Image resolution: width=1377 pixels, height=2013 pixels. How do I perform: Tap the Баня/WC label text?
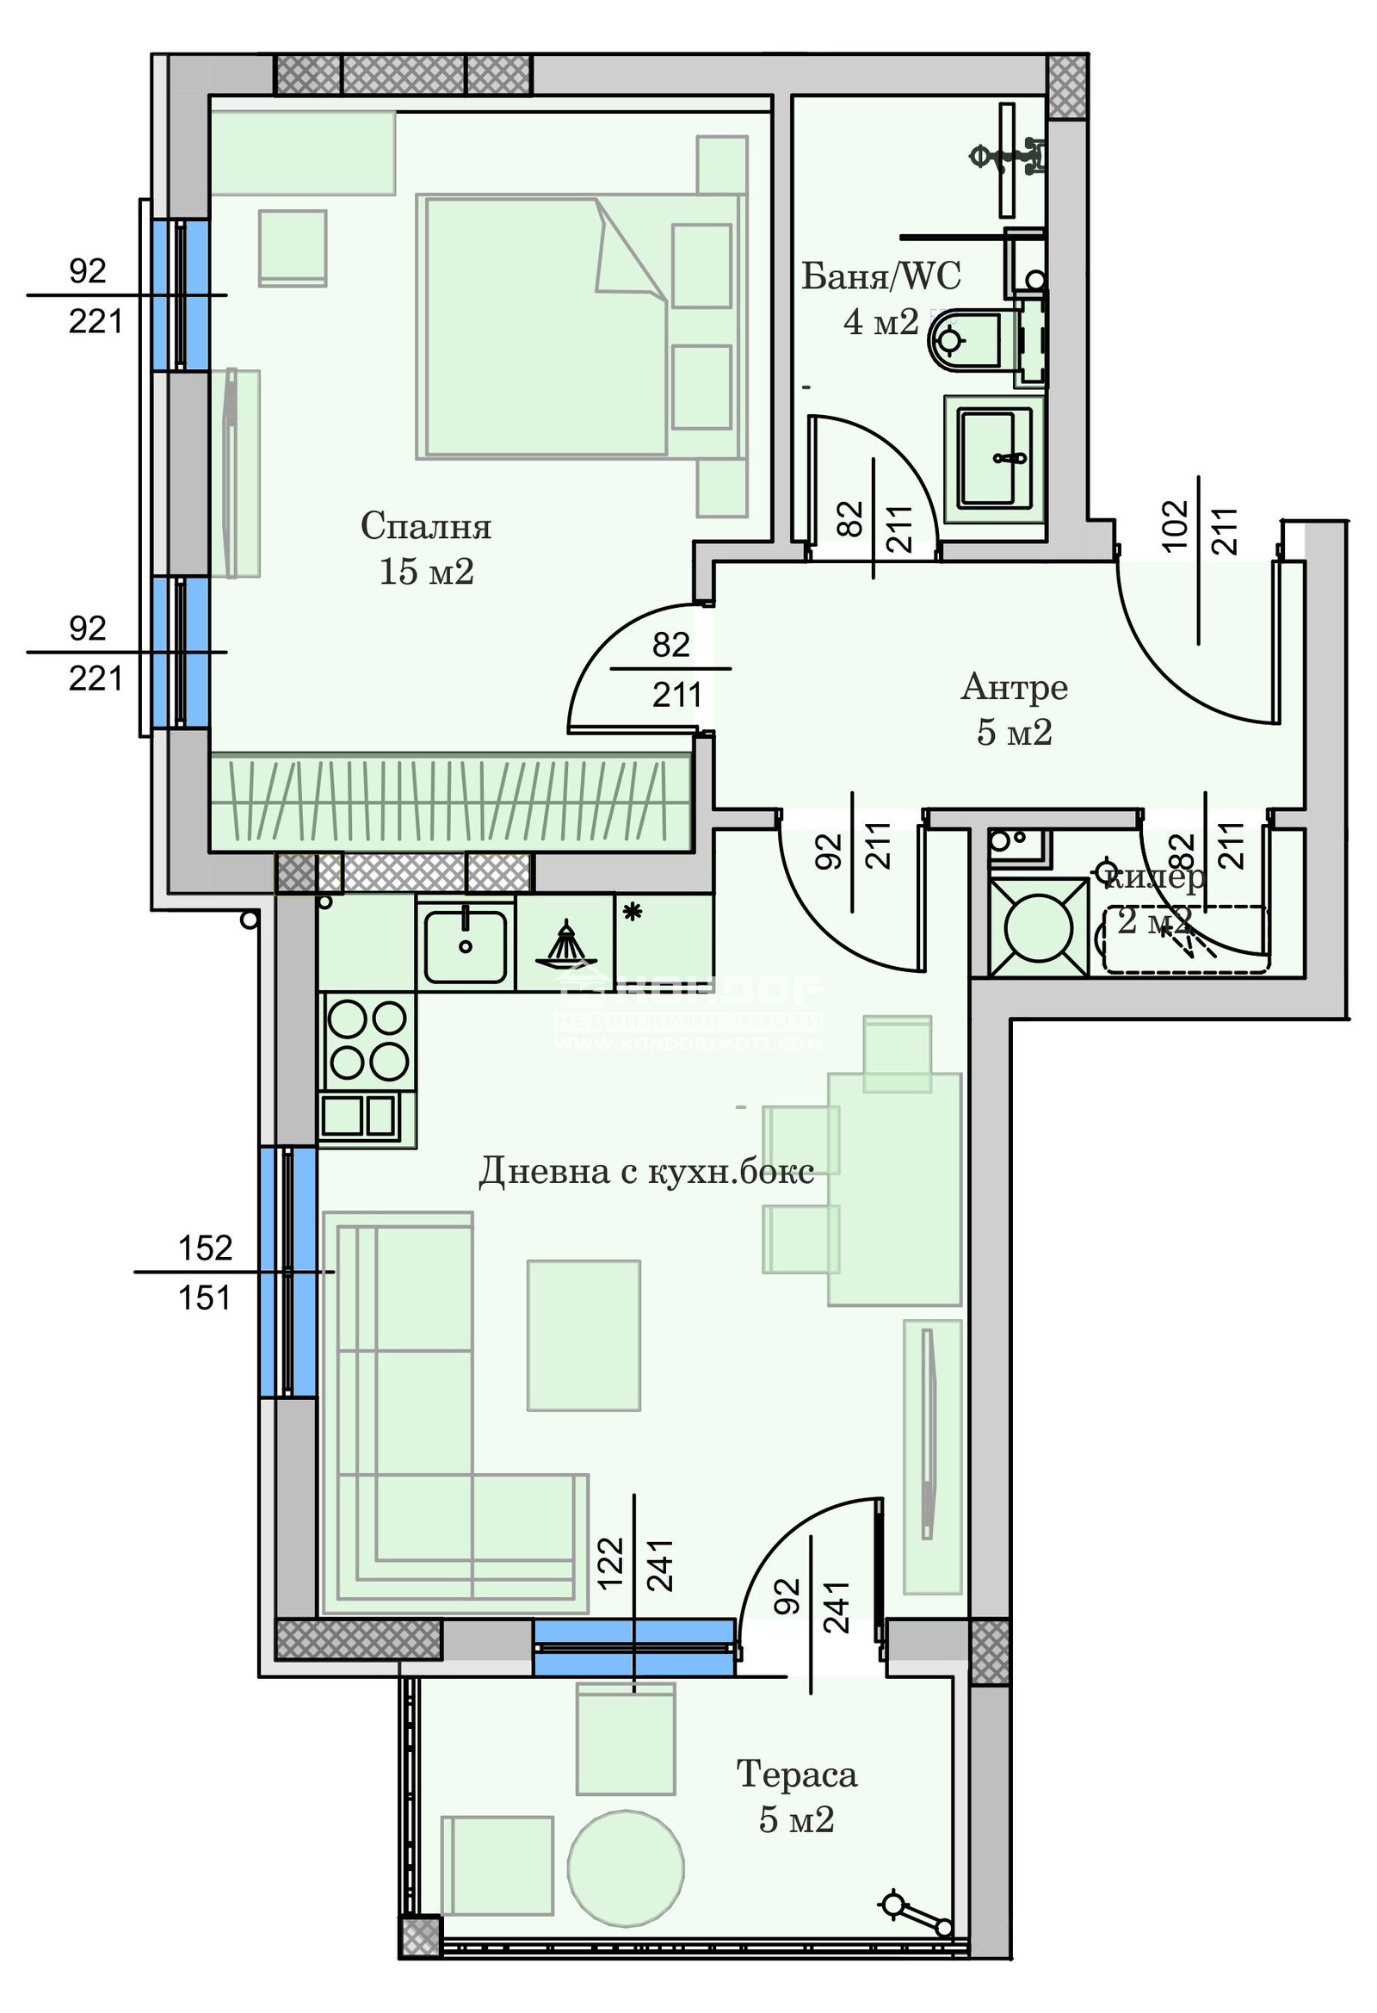(880, 276)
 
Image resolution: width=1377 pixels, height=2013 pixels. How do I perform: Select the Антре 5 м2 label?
(1014, 709)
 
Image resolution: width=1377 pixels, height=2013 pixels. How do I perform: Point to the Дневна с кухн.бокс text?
(646, 1171)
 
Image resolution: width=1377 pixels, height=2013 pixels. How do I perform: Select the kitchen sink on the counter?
(465, 946)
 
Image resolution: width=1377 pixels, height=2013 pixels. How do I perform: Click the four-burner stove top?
(367, 1040)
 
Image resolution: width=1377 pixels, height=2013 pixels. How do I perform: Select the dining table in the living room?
(893, 1188)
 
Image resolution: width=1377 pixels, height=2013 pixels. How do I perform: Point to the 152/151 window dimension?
(205, 1272)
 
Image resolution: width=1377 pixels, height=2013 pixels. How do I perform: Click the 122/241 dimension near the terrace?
(634, 1564)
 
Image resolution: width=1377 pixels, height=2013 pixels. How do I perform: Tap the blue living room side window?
(287, 1272)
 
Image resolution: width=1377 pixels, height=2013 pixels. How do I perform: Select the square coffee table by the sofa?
(584, 1335)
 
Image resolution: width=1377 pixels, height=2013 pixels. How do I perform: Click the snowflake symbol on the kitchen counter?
(633, 912)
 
